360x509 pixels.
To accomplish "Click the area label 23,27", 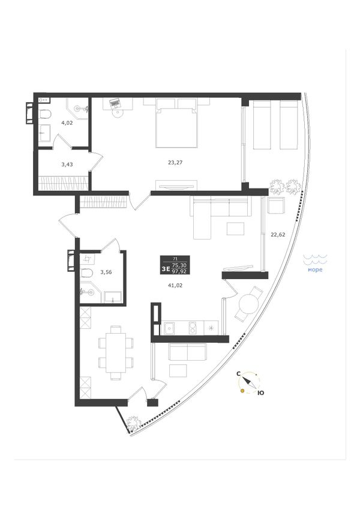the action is (175, 163).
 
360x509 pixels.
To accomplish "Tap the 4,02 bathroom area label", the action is (67, 122).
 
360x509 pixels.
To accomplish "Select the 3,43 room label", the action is (67, 164).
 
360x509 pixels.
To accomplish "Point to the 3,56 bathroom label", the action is (106, 272).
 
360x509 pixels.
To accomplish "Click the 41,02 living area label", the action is (175, 285).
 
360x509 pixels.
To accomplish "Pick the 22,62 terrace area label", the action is (278, 234).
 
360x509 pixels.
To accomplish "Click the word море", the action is (315, 270).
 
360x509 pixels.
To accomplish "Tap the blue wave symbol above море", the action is (315, 259).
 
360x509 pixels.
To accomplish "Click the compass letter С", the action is (238, 374).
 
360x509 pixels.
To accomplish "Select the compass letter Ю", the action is (260, 393).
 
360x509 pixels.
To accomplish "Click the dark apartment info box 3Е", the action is (175, 265).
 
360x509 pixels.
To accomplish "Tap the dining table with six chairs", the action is (116, 352).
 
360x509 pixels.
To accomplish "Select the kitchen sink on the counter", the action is (169, 328).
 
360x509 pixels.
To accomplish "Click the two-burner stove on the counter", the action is (192, 328).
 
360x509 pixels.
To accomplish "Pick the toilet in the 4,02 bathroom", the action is (45, 115).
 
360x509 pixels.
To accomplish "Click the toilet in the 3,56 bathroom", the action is (86, 273).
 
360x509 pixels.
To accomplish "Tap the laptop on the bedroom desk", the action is (115, 104).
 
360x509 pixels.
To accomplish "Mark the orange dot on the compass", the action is (242, 391).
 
